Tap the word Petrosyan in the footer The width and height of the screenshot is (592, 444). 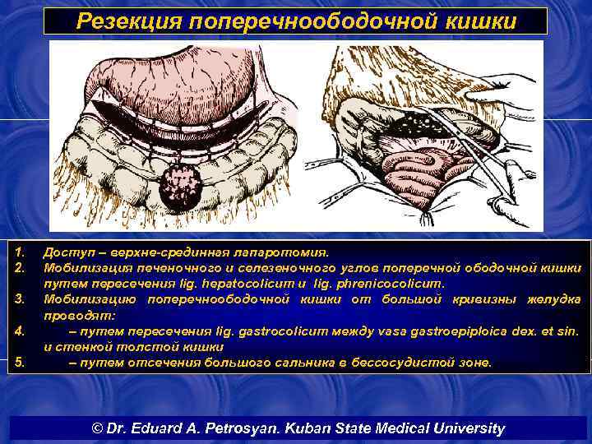coord(239,428)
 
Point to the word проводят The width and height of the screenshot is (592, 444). coord(75,314)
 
